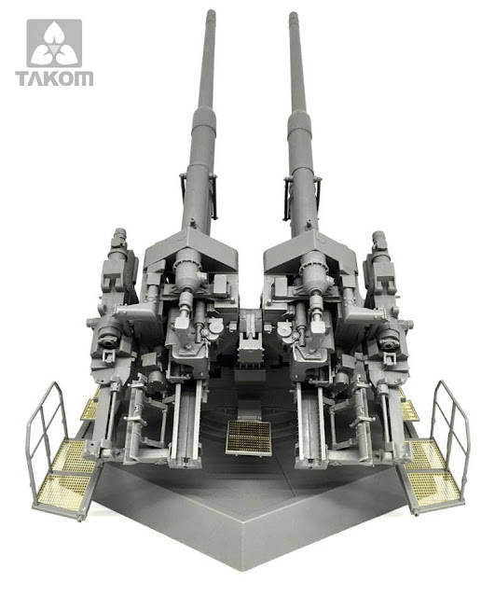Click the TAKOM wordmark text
click(x=54, y=78)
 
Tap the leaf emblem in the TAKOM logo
click(x=54, y=43)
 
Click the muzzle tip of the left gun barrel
click(x=211, y=13)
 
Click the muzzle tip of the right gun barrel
click(x=294, y=15)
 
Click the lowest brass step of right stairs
click(x=433, y=489)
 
